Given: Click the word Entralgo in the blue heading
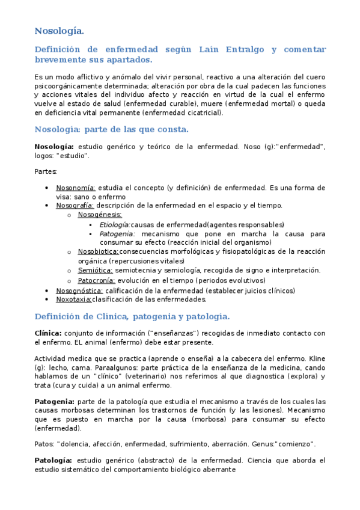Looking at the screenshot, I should [249, 49].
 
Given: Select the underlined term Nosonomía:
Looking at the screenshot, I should [76, 188].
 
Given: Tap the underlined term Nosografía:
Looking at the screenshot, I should [75, 205].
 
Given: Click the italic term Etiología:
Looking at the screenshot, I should [115, 224].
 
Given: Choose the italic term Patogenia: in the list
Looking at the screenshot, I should [117, 233].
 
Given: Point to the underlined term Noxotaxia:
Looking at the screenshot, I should [73, 299].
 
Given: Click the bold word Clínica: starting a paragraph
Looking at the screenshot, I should [48, 333].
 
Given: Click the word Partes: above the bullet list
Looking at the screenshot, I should [45, 171].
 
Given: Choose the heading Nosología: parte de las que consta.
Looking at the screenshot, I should [111, 129].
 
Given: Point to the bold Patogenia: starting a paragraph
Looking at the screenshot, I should [55, 401].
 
